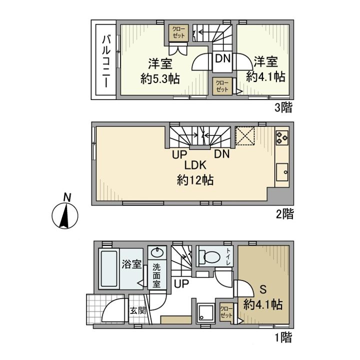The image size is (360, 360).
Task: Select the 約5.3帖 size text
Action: tap(160, 79)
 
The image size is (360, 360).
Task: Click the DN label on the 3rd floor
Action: tap(222, 58)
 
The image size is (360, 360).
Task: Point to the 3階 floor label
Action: tap(283, 107)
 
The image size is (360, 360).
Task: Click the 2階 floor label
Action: tap(284, 214)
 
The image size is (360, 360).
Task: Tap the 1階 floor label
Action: tap(283, 337)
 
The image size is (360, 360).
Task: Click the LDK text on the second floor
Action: tap(195, 165)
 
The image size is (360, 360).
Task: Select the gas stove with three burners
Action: tap(282, 138)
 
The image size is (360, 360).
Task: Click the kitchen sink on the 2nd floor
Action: tap(282, 172)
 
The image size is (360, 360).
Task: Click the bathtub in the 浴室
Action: tap(109, 268)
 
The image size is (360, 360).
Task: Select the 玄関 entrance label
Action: tap(138, 311)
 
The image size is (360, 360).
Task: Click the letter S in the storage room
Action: tap(263, 289)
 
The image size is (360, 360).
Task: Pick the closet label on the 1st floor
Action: tap(226, 312)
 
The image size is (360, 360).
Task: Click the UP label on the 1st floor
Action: tap(181, 284)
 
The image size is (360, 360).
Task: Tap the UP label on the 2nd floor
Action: tap(179, 154)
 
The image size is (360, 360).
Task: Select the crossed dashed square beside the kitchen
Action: tap(245, 136)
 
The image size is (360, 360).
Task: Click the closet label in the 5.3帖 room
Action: tap(178, 32)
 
